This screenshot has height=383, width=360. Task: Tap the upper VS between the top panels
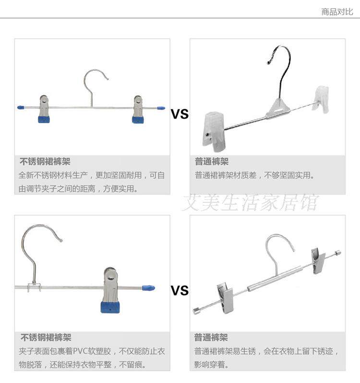click(x=180, y=114)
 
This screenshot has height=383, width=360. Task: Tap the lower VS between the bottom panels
click(x=180, y=291)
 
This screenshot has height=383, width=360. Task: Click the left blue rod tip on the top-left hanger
click(x=21, y=108)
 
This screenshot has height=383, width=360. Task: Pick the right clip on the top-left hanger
click(x=138, y=110)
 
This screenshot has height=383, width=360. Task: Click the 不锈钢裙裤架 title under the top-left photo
click(x=45, y=162)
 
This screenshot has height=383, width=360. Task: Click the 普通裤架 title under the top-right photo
click(x=211, y=162)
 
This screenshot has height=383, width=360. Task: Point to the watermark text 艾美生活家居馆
click(x=250, y=202)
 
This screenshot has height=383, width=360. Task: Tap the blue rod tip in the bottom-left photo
click(x=148, y=288)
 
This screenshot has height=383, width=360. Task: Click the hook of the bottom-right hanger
click(x=280, y=250)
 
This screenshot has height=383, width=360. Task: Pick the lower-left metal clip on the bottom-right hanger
click(x=225, y=297)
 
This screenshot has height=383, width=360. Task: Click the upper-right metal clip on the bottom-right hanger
click(x=318, y=259)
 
